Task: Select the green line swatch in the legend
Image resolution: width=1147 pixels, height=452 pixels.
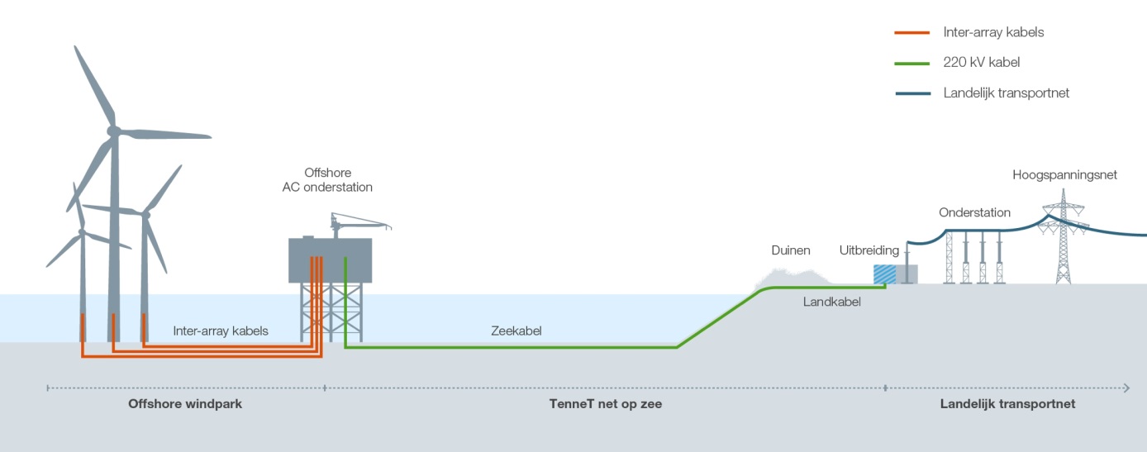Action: pos(914,63)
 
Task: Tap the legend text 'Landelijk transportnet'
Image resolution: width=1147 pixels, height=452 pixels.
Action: pos(1007,93)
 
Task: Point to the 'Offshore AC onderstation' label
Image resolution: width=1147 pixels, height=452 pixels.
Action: pos(327,180)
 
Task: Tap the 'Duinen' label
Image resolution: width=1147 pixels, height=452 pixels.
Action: pos(791,250)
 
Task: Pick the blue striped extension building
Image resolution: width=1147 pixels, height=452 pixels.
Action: pos(885,274)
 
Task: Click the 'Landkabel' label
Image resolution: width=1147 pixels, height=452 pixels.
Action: pos(832,302)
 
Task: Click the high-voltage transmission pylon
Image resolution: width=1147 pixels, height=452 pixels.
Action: pos(1063,240)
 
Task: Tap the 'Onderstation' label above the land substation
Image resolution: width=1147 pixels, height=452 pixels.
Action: pos(974,212)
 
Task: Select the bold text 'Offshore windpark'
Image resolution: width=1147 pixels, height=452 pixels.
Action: pos(185,404)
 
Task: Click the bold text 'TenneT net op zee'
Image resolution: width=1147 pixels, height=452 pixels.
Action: pos(606,404)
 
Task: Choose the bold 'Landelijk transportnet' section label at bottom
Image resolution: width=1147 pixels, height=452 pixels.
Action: pos(1007,404)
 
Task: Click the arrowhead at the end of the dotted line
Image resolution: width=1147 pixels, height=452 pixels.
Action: pos(1126,387)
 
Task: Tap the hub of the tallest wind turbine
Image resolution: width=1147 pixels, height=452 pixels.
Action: pos(113,131)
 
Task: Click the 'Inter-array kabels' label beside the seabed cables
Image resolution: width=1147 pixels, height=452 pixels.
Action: pos(221,331)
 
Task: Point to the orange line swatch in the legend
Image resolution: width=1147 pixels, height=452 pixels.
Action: pos(914,33)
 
